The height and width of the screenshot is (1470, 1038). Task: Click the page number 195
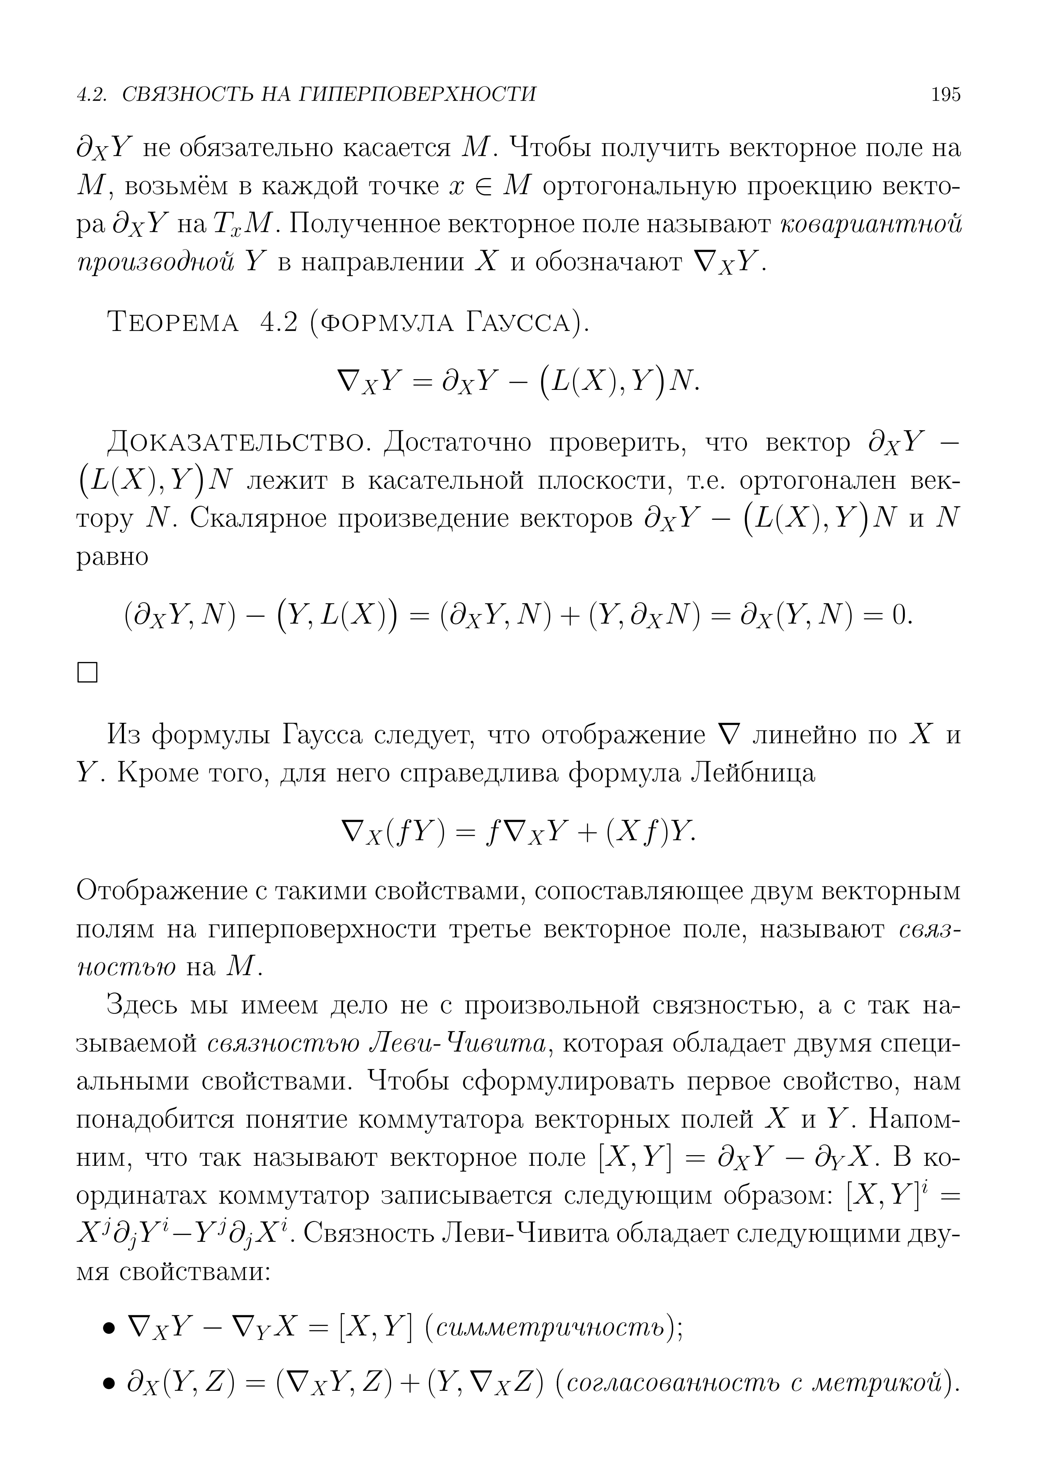pos(946,95)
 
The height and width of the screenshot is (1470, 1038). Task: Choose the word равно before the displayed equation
pos(113,557)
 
